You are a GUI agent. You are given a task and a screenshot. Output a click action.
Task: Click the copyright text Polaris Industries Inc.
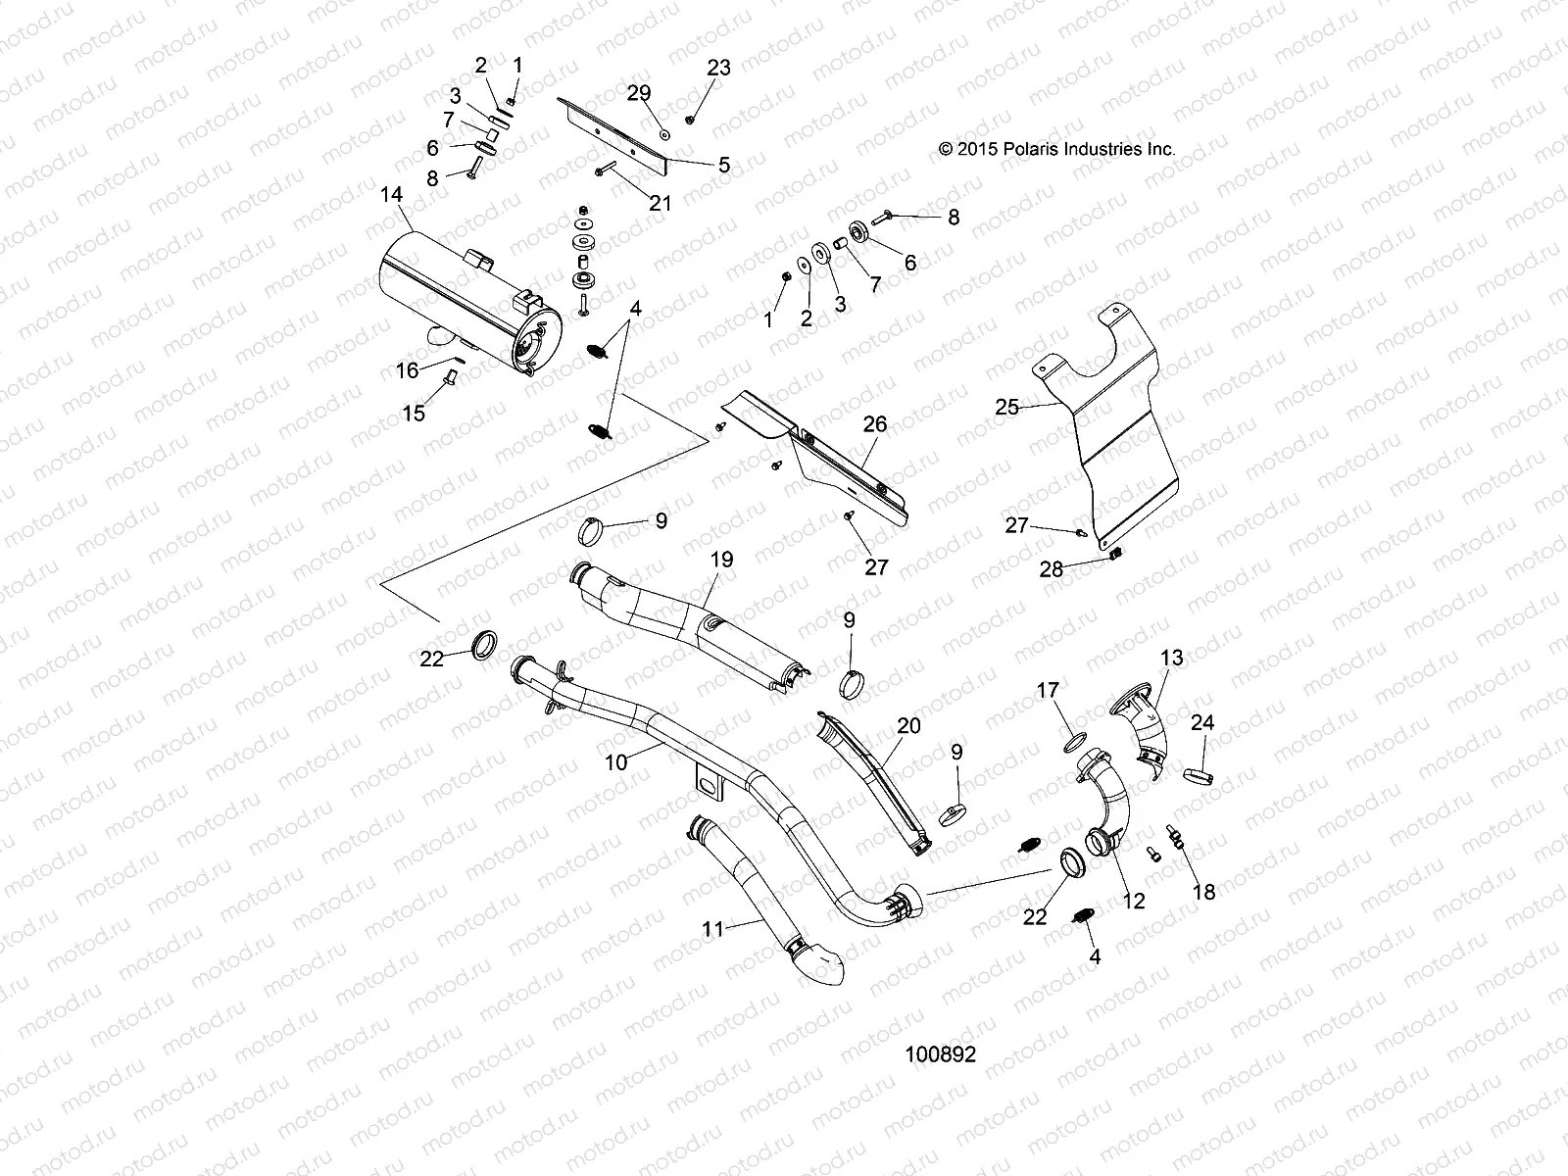point(1056,150)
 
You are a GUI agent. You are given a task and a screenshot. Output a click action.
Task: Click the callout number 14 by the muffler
point(391,195)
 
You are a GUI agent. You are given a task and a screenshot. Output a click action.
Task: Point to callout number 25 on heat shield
point(1006,406)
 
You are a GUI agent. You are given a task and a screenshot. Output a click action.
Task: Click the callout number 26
point(875,424)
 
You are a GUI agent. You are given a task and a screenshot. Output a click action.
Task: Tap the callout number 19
point(721,560)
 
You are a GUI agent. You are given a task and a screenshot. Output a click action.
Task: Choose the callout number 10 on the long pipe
point(615,761)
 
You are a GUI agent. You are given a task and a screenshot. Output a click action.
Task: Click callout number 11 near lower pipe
point(712,928)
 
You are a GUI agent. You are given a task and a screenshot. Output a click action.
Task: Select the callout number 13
point(1172,657)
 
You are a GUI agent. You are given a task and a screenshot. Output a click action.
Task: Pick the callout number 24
point(1202,723)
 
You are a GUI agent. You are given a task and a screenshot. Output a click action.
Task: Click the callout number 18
point(1203,892)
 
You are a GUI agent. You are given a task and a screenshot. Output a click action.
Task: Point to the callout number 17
point(1048,691)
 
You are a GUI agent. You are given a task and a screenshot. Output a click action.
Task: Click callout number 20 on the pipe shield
point(908,725)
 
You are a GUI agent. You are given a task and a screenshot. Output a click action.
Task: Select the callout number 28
point(1051,569)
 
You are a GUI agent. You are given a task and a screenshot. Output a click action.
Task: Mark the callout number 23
point(719,68)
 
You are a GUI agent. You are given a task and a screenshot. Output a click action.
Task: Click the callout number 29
point(639,93)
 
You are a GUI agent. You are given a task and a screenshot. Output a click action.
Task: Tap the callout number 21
point(661,203)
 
